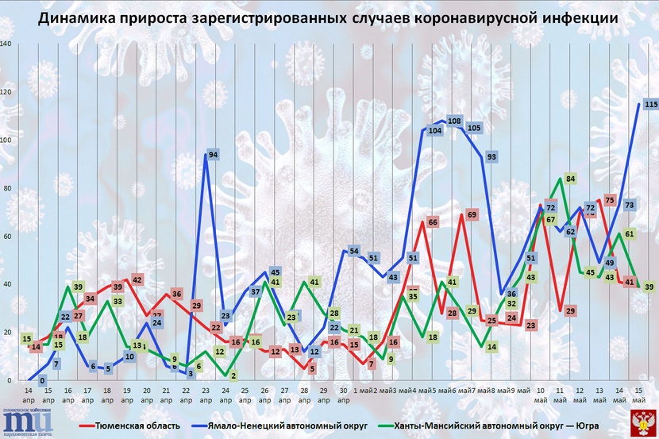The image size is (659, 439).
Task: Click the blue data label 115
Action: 651,105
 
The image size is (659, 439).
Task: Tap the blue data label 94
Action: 214,155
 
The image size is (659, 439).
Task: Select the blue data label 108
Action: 455,121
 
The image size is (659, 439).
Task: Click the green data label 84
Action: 571,179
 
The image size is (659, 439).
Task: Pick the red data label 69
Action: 472,214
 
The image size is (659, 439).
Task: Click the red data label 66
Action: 433,222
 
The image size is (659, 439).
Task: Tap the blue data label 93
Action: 491,157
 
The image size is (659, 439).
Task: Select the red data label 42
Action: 137,280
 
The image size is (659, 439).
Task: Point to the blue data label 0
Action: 42,381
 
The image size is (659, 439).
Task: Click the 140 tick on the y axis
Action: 7,44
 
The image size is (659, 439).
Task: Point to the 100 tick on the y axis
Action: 7,141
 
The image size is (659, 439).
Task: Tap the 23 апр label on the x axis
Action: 206,395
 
